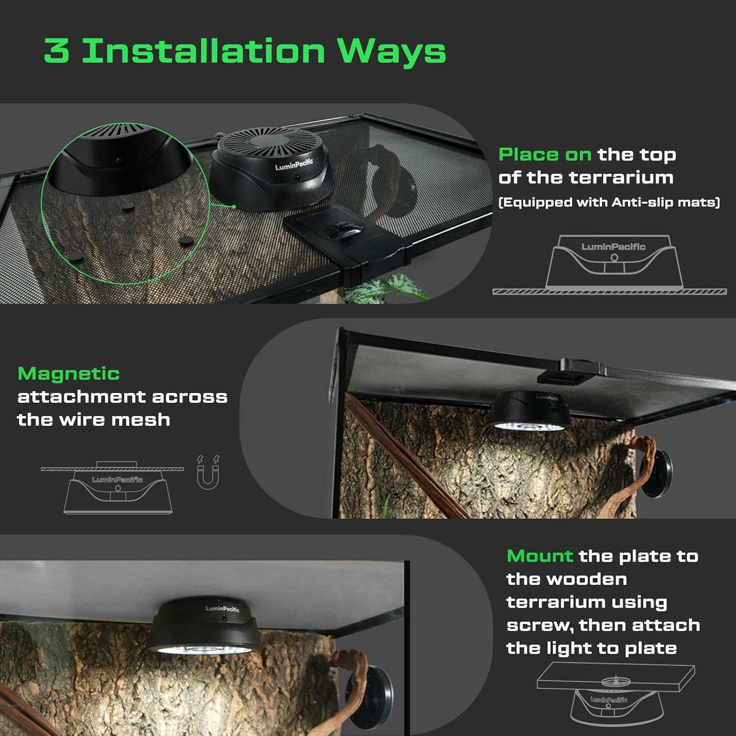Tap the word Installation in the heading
(203, 51)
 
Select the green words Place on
(545, 155)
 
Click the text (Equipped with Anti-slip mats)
(609, 202)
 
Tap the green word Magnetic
(69, 373)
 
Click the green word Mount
(540, 556)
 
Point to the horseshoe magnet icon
(208, 473)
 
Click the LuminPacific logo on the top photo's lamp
(293, 164)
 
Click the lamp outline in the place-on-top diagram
(614, 263)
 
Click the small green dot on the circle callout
(234, 207)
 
